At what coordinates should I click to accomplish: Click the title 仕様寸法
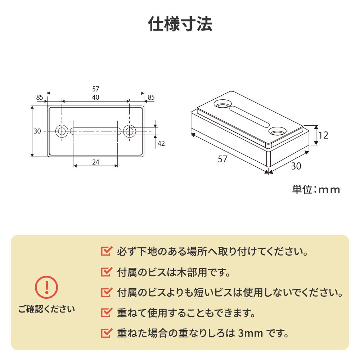[180, 24]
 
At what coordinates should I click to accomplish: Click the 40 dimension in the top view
[95, 97]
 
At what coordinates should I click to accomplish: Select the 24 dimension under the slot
[95, 162]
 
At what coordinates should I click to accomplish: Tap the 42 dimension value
[161, 143]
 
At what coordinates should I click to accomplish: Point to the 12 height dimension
[323, 135]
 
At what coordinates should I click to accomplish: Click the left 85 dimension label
[40, 97]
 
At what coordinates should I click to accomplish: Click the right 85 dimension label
[151, 97]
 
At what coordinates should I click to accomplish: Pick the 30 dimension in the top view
[37, 131]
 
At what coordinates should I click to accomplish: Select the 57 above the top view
[95, 89]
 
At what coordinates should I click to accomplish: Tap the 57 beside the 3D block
[223, 159]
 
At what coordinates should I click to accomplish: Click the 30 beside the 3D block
[296, 166]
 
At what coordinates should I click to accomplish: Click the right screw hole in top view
[129, 131]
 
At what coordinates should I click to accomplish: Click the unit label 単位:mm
[316, 189]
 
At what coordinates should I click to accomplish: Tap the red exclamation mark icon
[46, 287]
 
